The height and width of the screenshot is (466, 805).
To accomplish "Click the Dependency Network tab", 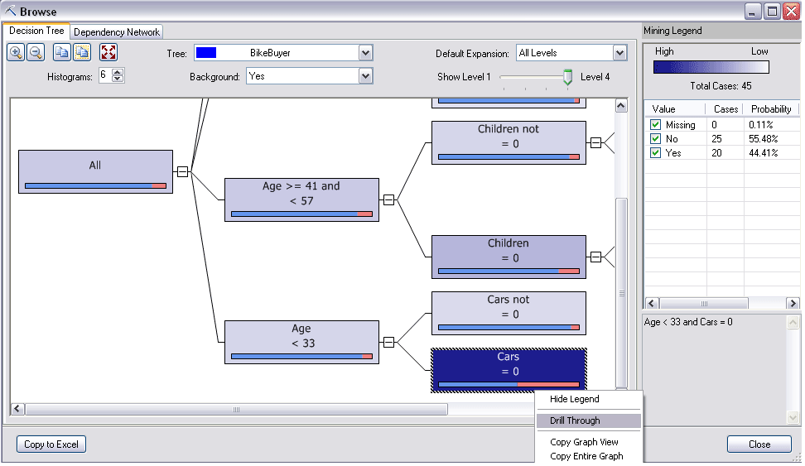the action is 117,31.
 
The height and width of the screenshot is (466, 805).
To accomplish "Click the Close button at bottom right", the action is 759,444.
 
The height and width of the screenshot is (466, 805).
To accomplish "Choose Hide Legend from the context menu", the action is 575,399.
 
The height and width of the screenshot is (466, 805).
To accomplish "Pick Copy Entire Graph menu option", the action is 586,456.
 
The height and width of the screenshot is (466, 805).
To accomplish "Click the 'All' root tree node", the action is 95,171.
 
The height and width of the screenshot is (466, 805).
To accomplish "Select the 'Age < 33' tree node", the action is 301,343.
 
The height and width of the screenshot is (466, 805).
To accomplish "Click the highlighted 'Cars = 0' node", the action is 509,371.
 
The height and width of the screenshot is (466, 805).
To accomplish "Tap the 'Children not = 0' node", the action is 509,142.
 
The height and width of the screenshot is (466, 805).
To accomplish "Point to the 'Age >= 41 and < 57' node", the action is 301,199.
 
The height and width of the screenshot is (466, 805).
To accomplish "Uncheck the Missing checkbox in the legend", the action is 655,125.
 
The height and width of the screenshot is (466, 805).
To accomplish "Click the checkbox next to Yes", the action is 655,153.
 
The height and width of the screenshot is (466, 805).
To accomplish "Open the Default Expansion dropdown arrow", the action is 619,53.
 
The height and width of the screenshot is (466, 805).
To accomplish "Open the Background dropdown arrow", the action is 365,76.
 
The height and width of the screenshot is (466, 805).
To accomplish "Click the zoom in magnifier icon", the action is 16,52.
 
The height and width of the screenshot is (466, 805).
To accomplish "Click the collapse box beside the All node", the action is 182,171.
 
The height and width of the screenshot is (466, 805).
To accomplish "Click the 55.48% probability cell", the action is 763,138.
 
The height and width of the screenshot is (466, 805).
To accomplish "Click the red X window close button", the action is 791,12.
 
